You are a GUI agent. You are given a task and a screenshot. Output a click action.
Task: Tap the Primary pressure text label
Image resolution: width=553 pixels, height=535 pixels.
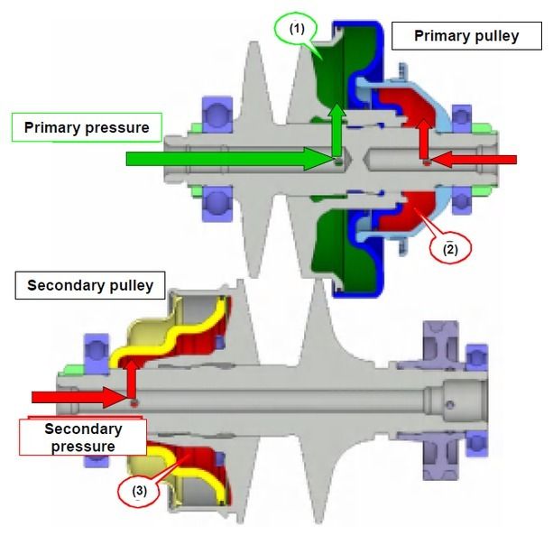pyautogui.click(x=87, y=127)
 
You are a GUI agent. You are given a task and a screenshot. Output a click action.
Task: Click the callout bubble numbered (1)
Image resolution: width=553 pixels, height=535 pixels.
pyautogui.click(x=299, y=29)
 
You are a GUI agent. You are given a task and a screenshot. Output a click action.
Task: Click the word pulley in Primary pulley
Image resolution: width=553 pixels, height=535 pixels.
pyautogui.click(x=496, y=37)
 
